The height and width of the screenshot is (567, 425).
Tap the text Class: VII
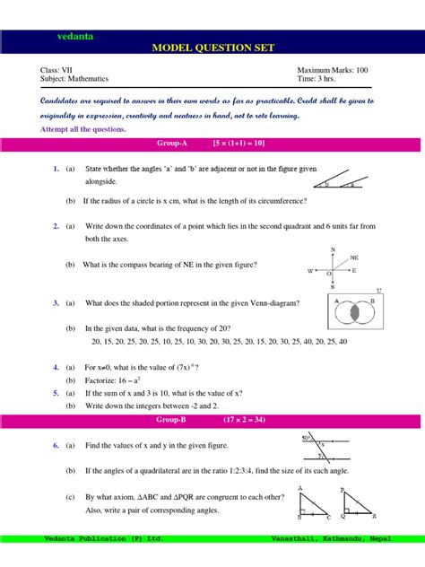(56, 70)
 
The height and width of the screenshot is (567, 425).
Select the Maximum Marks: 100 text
(332, 70)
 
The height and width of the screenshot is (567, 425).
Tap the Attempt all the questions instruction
(83, 128)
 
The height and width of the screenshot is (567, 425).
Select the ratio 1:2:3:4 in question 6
(233, 470)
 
